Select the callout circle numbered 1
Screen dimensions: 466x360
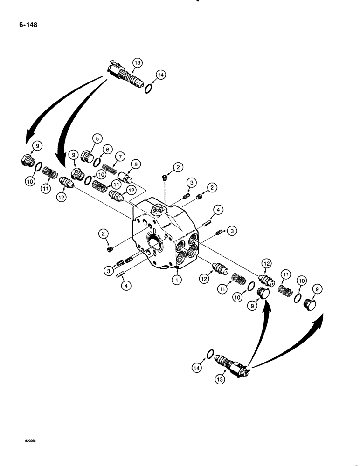click(x=176, y=281)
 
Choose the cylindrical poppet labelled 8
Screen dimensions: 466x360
click(x=126, y=177)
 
